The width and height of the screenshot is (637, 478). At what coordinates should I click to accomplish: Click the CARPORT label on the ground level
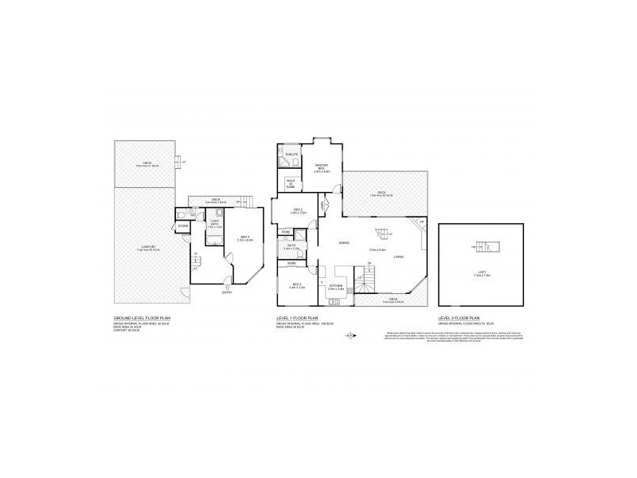(150, 247)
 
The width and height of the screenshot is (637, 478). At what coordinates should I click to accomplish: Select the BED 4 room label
(245, 238)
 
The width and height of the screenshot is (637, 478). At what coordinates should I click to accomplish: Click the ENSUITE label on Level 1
(291, 154)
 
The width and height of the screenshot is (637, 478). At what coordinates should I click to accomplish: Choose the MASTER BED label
(322, 168)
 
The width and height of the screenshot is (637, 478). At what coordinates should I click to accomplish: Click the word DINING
(344, 242)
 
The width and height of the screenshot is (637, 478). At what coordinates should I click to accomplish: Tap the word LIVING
(398, 257)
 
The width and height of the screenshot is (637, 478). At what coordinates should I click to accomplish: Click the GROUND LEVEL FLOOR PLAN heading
(143, 317)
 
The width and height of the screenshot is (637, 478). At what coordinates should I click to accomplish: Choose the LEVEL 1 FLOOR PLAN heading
(298, 317)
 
